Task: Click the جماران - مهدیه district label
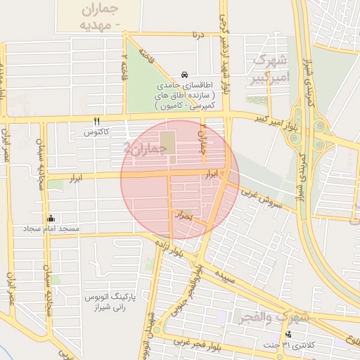(96, 18)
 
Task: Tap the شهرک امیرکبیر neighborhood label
(270, 68)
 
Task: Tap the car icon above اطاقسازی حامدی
(184, 75)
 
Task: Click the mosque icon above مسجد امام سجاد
(50, 218)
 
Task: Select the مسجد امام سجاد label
(51, 229)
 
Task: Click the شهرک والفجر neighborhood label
(273, 317)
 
